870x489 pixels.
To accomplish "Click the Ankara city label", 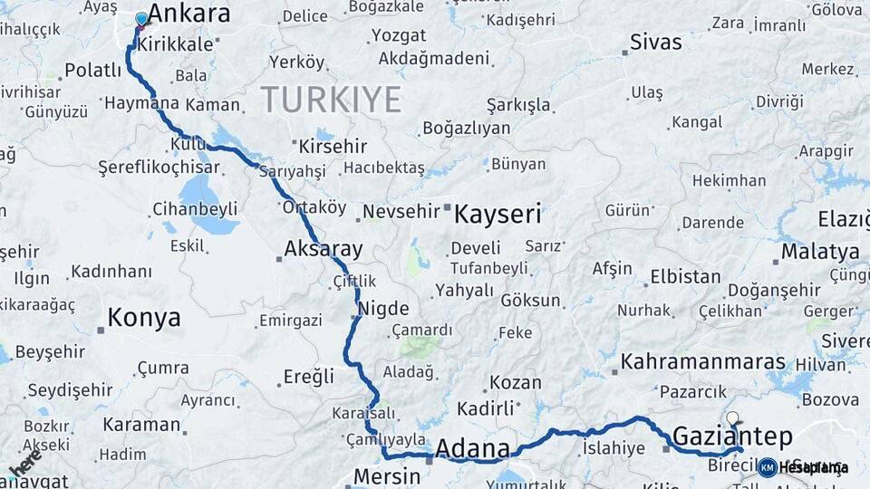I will click(x=188, y=14).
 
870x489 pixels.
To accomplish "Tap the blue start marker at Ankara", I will click(x=141, y=19).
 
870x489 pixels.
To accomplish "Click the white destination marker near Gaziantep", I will click(x=732, y=418).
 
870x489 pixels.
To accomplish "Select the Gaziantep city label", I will click(x=732, y=435).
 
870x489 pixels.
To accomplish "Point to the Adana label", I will click(x=472, y=448).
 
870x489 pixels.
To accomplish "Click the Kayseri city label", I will click(x=498, y=215).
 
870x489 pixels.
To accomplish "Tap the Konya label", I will click(x=144, y=318).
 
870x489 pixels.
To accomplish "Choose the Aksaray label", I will click(x=323, y=249).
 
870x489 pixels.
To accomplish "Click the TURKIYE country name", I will click(x=331, y=100).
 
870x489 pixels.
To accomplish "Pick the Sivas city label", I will click(x=655, y=42).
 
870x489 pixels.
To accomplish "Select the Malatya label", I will click(x=820, y=251).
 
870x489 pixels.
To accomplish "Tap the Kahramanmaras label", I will click(x=702, y=362).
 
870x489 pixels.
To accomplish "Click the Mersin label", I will click(x=386, y=475).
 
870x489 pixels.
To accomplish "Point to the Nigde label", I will click(x=384, y=308).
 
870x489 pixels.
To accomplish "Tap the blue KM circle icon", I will click(x=767, y=467).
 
